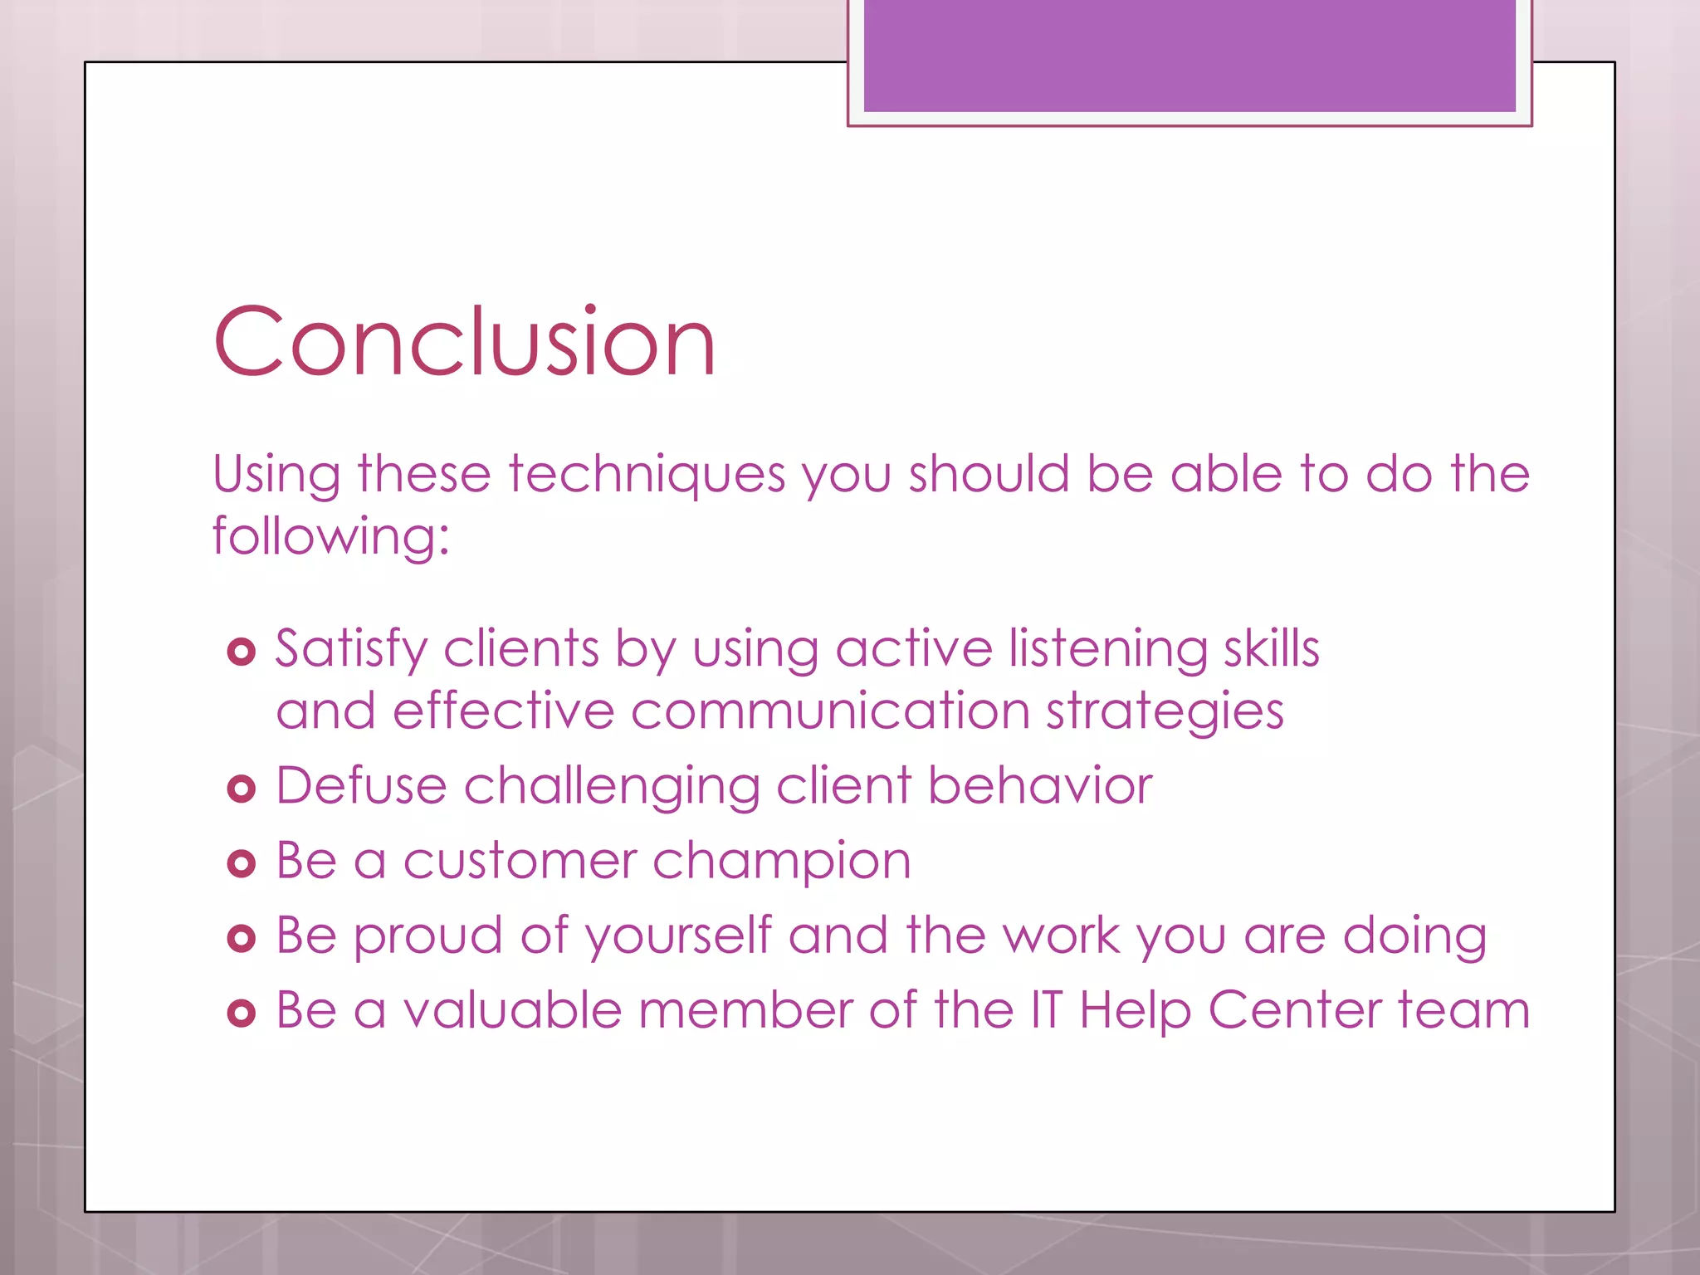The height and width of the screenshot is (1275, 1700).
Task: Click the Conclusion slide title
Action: point(464,342)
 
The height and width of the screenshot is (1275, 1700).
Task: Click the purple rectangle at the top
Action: point(1189,56)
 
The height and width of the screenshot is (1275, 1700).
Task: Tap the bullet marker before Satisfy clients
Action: point(241,652)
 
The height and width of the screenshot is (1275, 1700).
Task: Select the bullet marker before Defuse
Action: point(241,789)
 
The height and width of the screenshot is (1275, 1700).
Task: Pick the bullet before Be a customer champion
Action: point(241,864)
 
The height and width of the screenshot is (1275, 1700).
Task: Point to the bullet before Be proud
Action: point(241,939)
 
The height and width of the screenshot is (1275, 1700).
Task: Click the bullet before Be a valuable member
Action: point(241,1014)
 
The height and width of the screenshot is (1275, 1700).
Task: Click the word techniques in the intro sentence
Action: point(647,476)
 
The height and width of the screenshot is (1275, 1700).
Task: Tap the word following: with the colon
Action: point(330,537)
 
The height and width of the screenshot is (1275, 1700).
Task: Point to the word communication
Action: point(829,711)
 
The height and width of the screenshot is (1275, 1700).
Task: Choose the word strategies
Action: point(1164,713)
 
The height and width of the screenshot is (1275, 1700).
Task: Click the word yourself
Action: point(678,936)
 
